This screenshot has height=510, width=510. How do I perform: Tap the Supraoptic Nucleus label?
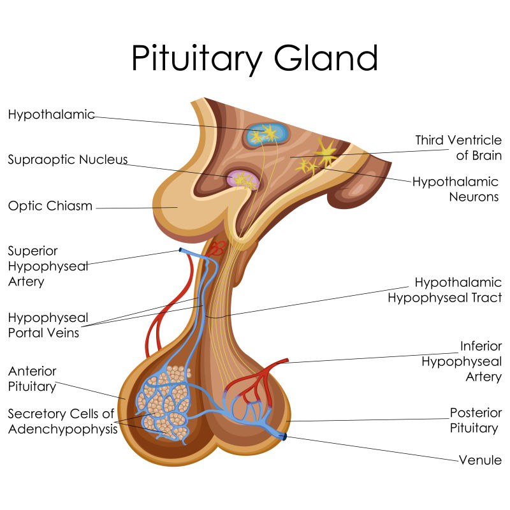(68, 159)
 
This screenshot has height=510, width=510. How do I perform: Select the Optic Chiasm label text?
(50, 206)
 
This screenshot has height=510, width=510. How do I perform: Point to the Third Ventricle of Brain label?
(458, 147)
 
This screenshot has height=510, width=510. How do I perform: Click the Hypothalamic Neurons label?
(455, 189)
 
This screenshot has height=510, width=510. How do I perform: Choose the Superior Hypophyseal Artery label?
(48, 266)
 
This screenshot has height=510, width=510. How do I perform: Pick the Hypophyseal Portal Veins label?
(48, 324)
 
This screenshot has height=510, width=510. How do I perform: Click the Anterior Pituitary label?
(33, 379)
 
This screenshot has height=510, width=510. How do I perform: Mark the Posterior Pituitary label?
(476, 420)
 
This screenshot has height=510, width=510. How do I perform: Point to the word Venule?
(480, 460)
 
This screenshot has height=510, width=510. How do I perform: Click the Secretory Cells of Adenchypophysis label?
(62, 421)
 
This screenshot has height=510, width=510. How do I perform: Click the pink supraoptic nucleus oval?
(242, 180)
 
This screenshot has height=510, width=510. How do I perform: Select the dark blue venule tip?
(284, 437)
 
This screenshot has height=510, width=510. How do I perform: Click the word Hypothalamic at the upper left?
(51, 115)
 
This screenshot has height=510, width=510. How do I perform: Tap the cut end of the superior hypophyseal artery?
(182, 250)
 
